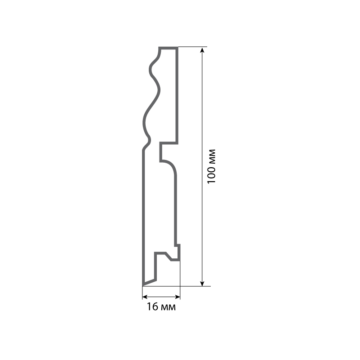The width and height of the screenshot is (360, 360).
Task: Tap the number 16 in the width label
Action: (152, 307)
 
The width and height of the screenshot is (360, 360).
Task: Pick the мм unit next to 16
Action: (167, 307)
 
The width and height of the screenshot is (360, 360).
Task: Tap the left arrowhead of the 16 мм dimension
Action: (145, 297)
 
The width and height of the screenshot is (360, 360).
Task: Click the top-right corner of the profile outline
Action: (177, 48)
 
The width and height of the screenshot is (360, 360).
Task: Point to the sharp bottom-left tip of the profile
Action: (143, 285)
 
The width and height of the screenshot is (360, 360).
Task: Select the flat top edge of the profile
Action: (168, 48)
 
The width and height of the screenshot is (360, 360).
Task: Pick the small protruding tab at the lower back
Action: (178, 252)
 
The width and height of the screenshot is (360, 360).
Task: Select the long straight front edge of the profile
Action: (143, 216)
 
